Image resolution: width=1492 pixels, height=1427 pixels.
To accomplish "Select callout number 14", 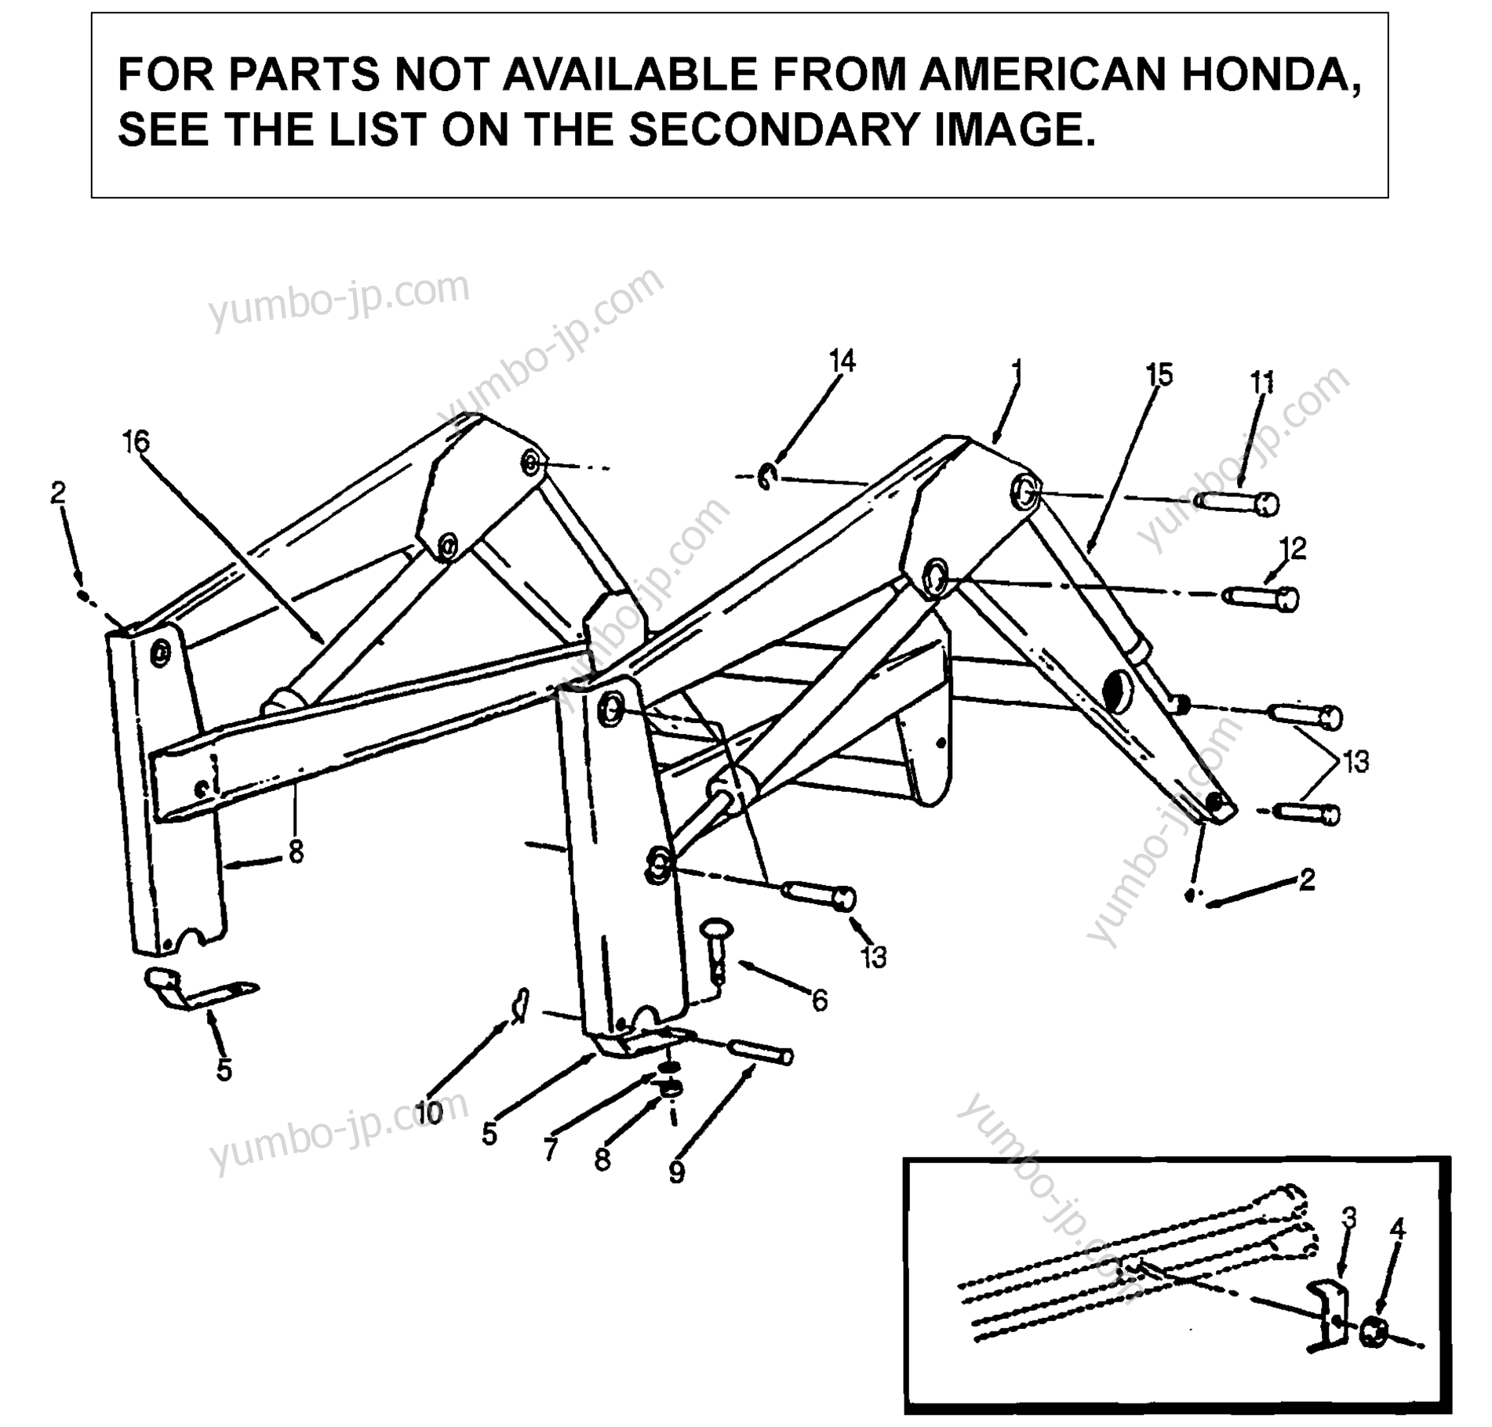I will click(x=842, y=361).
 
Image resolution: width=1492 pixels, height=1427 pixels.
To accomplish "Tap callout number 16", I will click(x=136, y=442).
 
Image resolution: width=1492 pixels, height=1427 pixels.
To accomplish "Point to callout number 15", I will click(x=1159, y=375).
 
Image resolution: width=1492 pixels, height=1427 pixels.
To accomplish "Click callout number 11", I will click(x=1262, y=383).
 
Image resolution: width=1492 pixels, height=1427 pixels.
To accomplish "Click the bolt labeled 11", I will click(x=1236, y=503).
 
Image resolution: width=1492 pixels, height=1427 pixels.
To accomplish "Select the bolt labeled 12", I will click(x=1261, y=598).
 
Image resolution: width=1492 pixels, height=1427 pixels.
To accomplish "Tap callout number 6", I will click(x=819, y=1000).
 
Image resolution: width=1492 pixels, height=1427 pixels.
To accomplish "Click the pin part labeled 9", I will click(x=761, y=1052).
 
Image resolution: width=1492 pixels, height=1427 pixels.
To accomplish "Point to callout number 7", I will click(x=550, y=1149).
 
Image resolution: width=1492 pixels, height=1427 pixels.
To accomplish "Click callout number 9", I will click(x=676, y=1172).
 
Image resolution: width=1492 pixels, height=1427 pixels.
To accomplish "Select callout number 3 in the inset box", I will click(x=1349, y=1218).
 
